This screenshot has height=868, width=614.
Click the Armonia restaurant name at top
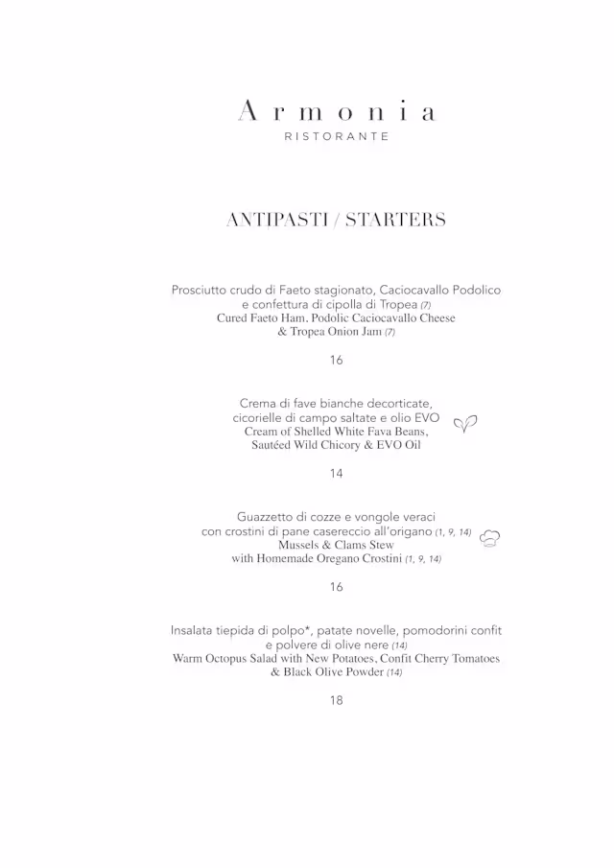336,112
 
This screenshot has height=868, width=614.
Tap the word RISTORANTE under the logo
336,137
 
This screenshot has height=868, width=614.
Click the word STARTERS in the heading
395,220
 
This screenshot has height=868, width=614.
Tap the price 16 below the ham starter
336,360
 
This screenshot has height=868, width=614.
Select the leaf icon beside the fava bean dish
465,423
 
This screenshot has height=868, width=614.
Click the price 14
336,473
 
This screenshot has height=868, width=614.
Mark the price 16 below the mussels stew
336,586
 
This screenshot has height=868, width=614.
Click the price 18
336,699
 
